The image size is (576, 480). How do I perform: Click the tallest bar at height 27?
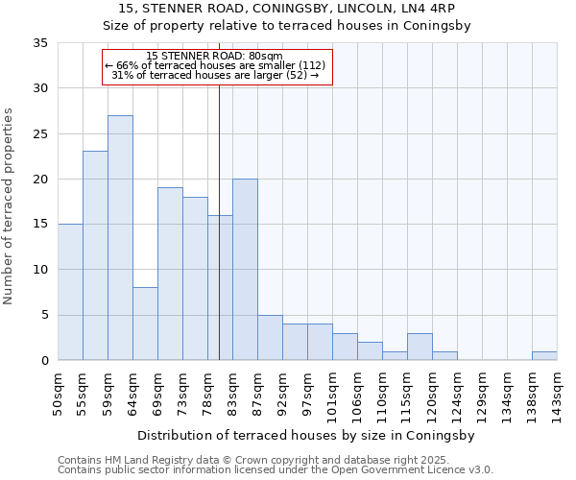click(120, 238)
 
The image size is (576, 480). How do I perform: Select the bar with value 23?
click(95, 255)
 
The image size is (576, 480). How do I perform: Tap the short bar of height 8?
click(145, 324)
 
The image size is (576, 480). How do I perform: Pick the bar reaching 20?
click(245, 270)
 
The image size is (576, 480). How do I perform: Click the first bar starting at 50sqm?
click(70, 292)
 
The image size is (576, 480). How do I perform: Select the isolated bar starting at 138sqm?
click(544, 356)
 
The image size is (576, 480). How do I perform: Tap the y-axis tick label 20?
click(40, 180)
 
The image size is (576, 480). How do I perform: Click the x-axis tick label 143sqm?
click(558, 396)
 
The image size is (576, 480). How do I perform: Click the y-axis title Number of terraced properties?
click(9, 206)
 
